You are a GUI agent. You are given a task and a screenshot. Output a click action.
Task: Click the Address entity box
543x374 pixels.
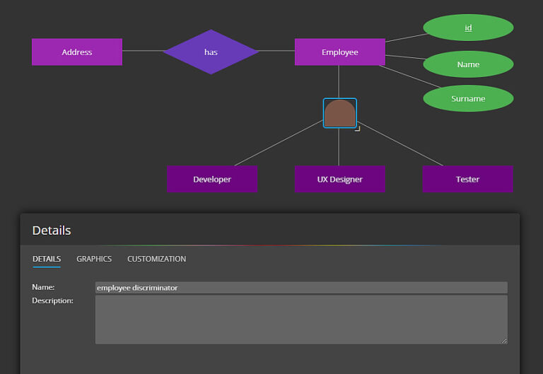[x=77, y=52]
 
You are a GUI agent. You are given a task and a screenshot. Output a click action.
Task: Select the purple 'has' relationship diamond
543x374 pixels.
[x=211, y=52]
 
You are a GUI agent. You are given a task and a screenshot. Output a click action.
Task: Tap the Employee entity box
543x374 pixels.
[x=339, y=52]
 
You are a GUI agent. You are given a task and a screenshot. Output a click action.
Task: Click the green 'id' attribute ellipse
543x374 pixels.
[x=468, y=28]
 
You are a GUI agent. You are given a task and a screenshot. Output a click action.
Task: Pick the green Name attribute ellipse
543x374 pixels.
[x=468, y=64]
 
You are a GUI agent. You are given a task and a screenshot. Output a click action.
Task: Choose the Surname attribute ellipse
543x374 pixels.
[x=468, y=98]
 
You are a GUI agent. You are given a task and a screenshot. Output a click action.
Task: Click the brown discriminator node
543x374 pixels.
[x=339, y=113]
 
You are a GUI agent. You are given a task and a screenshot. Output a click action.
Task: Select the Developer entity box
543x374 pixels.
[x=211, y=179]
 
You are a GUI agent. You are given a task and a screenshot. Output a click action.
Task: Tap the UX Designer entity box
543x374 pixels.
[x=339, y=179]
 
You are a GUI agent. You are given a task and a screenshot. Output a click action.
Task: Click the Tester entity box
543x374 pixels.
[x=467, y=179]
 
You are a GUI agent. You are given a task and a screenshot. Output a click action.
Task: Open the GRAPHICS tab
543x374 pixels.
[x=94, y=259]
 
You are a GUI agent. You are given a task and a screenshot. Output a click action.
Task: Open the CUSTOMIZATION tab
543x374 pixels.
[x=156, y=259]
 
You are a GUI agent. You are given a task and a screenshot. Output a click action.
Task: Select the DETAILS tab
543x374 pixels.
[x=47, y=259]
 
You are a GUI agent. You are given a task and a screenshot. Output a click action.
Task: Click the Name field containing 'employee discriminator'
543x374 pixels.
[x=301, y=288]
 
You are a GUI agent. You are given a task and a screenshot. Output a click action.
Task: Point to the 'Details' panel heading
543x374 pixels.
[x=52, y=230]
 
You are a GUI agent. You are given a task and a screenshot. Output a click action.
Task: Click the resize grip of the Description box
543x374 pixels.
[x=505, y=341]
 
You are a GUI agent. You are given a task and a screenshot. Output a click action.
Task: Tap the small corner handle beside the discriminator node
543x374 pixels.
[x=358, y=129]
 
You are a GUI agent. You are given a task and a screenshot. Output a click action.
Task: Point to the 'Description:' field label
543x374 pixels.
[x=52, y=300]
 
